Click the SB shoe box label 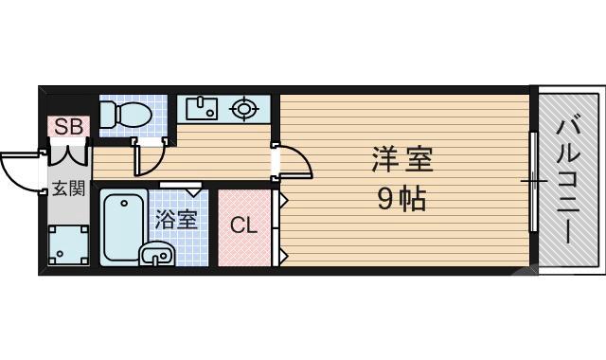(67, 125)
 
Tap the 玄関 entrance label (67, 187)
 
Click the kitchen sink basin (200, 109)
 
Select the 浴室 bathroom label (176, 220)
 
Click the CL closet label (243, 226)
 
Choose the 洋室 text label (401, 159)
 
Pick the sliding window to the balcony (533, 180)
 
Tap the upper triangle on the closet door (282, 200)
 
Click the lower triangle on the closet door (282, 253)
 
